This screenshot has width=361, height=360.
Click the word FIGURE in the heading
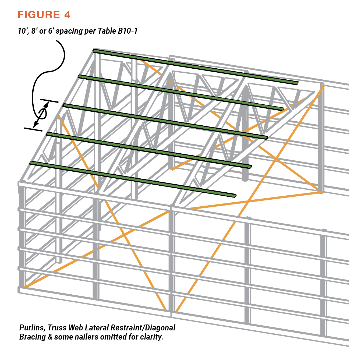pyautogui.click(x=39, y=15)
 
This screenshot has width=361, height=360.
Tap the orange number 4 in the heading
pyautogui.click(x=67, y=15)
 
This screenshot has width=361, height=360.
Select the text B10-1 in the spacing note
pyautogui.click(x=128, y=31)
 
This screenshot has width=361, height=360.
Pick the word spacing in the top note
pyautogui.click(x=69, y=31)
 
